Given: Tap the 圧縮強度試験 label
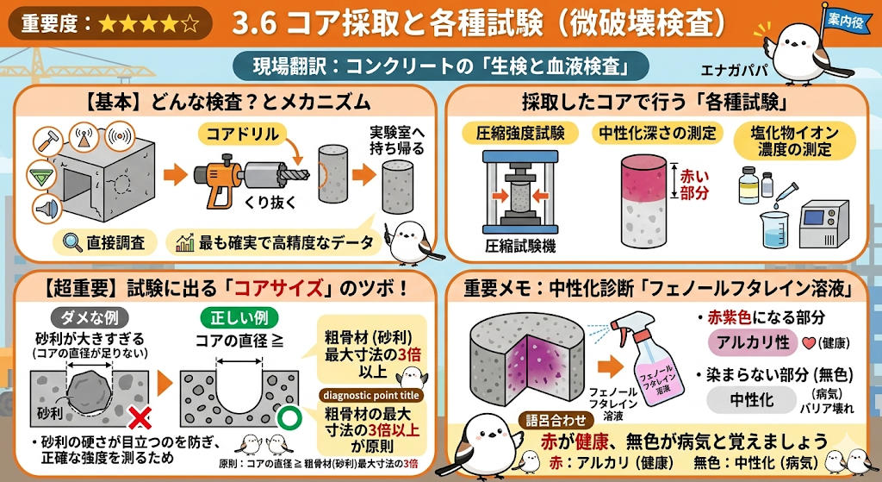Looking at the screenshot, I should [515, 134].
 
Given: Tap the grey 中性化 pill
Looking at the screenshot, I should [751, 400].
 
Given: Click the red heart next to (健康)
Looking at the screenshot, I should [809, 343].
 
